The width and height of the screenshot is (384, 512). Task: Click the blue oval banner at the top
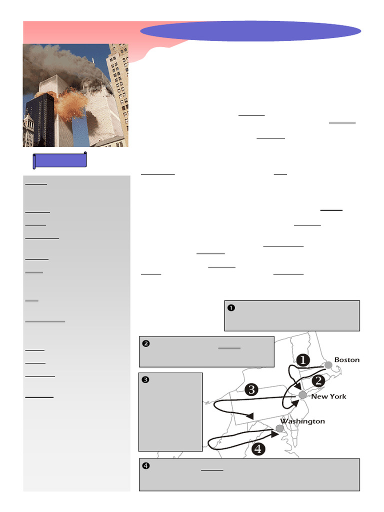(250, 31)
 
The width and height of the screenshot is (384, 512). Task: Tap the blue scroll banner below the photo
(60, 160)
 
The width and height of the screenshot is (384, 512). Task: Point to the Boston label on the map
(347, 360)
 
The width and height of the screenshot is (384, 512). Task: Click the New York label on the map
(328, 396)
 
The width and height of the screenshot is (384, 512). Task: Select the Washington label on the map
(302, 421)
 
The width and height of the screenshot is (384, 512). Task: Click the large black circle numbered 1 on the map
(303, 360)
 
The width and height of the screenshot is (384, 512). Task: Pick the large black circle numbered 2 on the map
(318, 380)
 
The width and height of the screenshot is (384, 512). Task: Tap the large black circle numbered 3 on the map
(251, 389)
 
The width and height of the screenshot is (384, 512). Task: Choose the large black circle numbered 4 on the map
(258, 449)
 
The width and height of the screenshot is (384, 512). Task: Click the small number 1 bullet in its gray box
(231, 308)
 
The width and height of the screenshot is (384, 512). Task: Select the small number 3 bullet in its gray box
(145, 380)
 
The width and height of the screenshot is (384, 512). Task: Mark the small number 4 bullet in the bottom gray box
(146, 466)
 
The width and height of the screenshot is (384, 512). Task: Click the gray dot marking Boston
(328, 365)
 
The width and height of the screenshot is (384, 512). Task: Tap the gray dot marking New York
(302, 395)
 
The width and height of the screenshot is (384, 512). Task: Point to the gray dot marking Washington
(279, 428)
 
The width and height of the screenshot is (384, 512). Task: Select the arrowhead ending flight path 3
(250, 415)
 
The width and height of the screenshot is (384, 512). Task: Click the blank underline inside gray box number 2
(229, 348)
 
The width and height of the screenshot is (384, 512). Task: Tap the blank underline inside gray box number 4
(212, 470)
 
